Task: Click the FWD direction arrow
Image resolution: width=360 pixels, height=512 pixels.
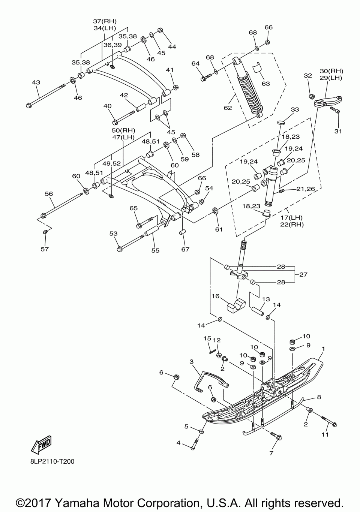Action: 42,444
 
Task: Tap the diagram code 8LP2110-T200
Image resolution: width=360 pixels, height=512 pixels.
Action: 52,461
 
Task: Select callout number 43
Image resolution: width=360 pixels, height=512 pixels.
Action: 36,82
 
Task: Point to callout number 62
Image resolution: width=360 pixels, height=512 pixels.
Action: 228,108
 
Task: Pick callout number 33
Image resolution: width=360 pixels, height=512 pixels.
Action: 295,109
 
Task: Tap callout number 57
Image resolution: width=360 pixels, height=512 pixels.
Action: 45,249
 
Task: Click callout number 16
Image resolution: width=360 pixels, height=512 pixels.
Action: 216,296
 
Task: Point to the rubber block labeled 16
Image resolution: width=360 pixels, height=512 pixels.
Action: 236,305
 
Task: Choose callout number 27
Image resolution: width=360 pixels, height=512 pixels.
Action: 303,274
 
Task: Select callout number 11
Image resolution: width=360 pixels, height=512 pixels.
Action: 325,434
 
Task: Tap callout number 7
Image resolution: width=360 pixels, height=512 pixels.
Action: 271,453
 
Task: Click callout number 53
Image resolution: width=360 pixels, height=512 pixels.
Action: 114,234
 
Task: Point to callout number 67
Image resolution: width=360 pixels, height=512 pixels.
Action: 185,249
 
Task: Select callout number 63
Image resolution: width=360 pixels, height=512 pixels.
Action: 266,84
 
